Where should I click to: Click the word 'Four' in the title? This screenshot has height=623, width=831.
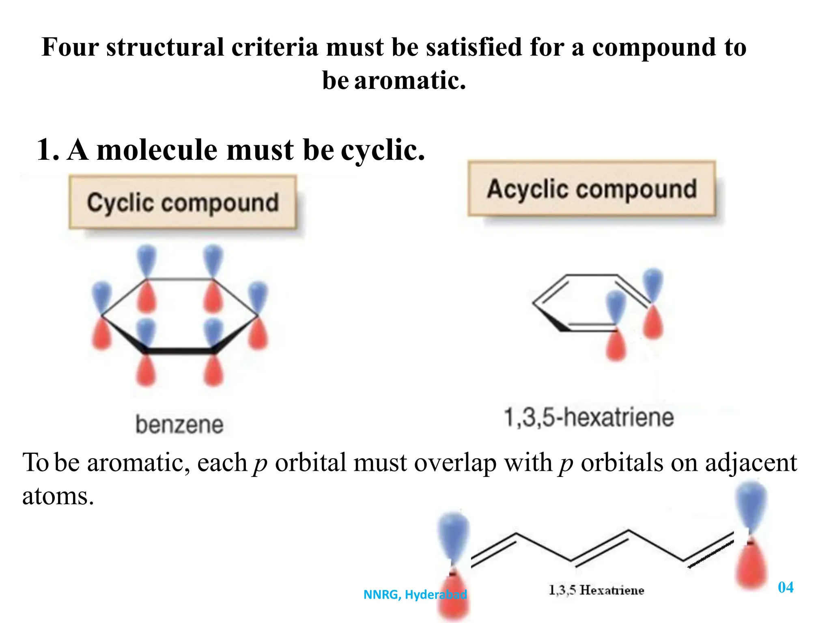[70, 47]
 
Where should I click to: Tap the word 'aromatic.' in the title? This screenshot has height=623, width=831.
[410, 80]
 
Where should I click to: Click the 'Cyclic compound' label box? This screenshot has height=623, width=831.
[183, 202]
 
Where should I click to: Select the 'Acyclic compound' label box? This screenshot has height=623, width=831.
[592, 189]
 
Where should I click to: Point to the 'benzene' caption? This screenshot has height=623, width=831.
[179, 424]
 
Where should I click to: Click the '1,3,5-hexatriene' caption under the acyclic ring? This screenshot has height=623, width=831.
[588, 417]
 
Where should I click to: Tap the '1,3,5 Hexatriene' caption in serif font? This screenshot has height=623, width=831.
[596, 590]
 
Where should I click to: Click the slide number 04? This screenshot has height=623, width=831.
[786, 587]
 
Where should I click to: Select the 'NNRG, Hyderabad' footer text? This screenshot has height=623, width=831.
[415, 595]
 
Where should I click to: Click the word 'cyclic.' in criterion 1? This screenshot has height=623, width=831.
[383, 150]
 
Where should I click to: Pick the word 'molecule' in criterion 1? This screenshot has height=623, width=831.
[157, 150]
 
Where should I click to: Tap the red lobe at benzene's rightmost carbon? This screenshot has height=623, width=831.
[258, 333]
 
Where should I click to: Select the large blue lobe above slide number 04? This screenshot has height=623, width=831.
[751, 505]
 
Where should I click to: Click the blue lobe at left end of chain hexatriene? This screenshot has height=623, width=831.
[454, 535]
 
